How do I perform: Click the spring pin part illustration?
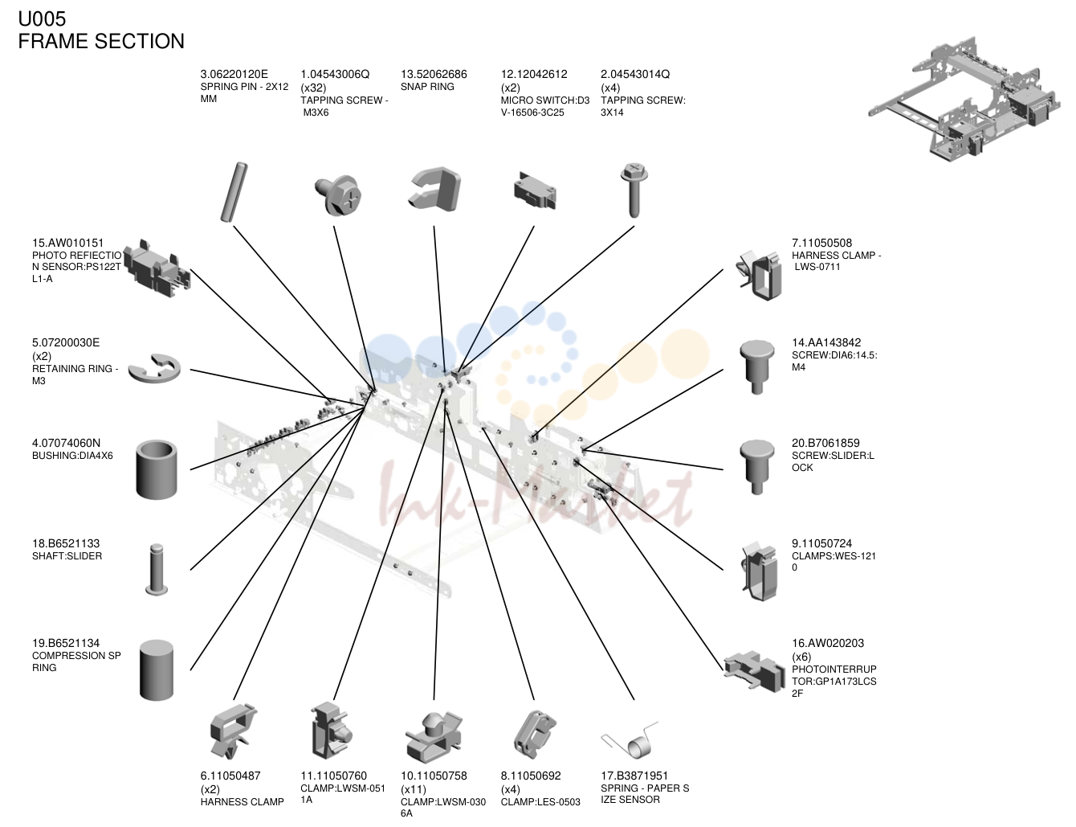pyautogui.click(x=234, y=192)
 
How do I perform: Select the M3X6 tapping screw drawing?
pyautogui.click(x=338, y=194)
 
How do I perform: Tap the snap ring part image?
pyautogui.click(x=434, y=189)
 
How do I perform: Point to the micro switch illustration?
pyautogui.click(x=535, y=190)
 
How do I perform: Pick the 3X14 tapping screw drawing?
pyautogui.click(x=634, y=190)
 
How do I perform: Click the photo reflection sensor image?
pyautogui.click(x=157, y=268)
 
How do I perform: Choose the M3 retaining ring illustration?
pyautogui.click(x=154, y=368)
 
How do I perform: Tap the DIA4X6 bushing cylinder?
pyautogui.click(x=157, y=469)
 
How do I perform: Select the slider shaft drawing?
pyautogui.click(x=157, y=569)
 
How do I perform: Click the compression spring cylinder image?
pyautogui.click(x=157, y=670)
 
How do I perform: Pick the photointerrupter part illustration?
pyautogui.click(x=754, y=671)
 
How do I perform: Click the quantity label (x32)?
pyautogui.click(x=313, y=88)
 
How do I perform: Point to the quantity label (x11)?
pyautogui.click(x=413, y=789)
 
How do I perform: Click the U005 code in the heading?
pyautogui.click(x=42, y=18)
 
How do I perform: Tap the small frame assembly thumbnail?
pyautogui.click(x=964, y=99)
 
